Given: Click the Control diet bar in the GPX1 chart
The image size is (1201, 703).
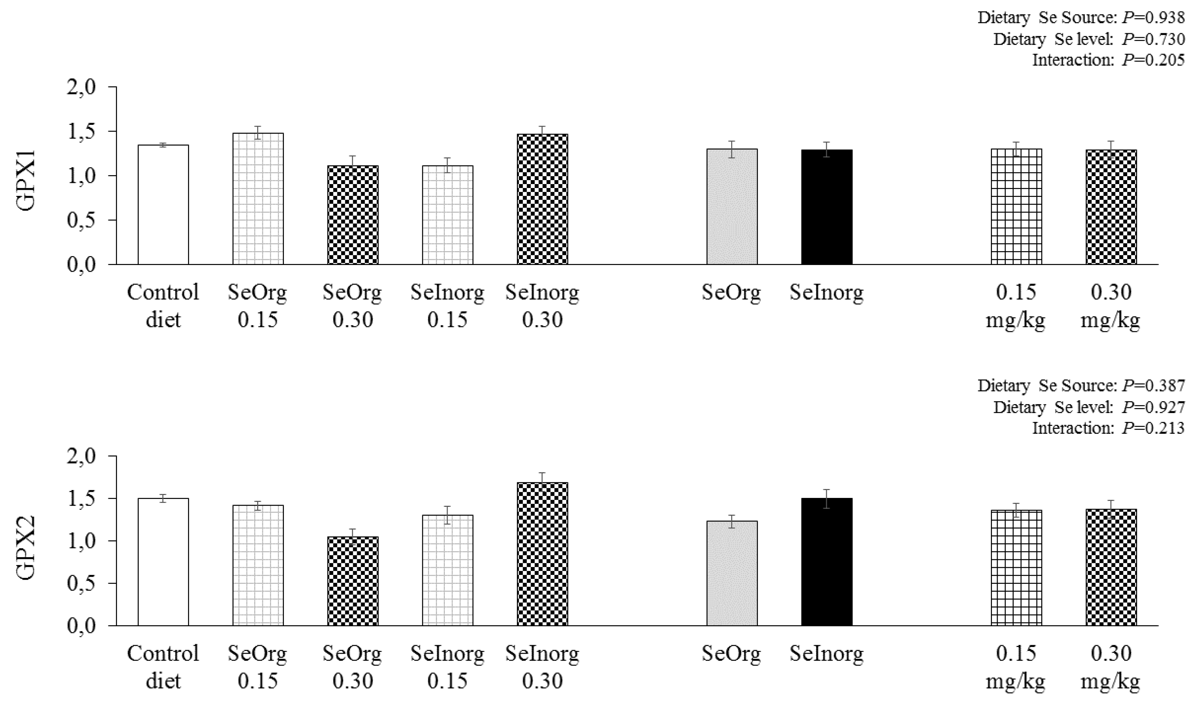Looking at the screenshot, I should point(163,205).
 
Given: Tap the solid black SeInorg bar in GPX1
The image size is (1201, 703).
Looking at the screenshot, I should point(826,207).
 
